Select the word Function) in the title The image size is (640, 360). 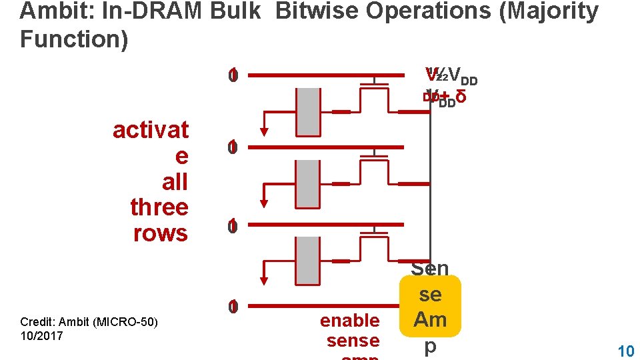(x=74, y=39)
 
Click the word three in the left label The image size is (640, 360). (x=159, y=207)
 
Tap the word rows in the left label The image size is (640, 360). (x=161, y=233)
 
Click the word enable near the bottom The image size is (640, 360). (x=349, y=321)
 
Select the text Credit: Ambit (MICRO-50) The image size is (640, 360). (x=89, y=323)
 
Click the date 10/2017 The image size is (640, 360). (x=41, y=335)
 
